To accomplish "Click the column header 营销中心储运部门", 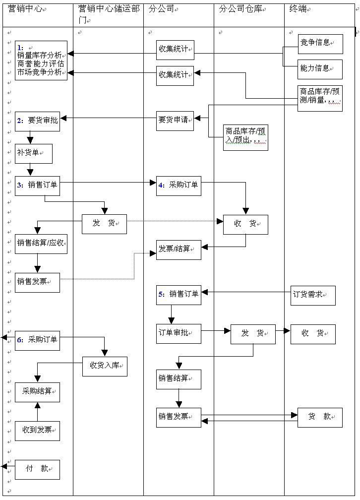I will click(108, 15).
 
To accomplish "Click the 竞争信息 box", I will click(320, 44).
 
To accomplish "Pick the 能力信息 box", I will click(320, 69).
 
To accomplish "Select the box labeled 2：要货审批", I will click(37, 121).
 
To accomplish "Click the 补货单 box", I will click(33, 153).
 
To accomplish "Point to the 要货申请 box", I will click(175, 121).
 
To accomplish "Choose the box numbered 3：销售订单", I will click(37, 186).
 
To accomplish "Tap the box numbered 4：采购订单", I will click(179, 186).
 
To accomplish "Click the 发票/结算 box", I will click(179, 250).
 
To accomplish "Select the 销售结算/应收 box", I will click(41, 244).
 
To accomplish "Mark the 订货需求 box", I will click(312, 295).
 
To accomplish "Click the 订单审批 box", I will click(179, 333).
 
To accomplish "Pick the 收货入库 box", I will click(105, 366).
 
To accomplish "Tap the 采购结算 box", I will click(37, 392).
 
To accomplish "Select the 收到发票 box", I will click(37, 431).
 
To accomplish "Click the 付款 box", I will click(37, 469).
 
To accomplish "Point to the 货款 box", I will click(320, 417).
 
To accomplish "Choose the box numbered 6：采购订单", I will click(37, 340).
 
